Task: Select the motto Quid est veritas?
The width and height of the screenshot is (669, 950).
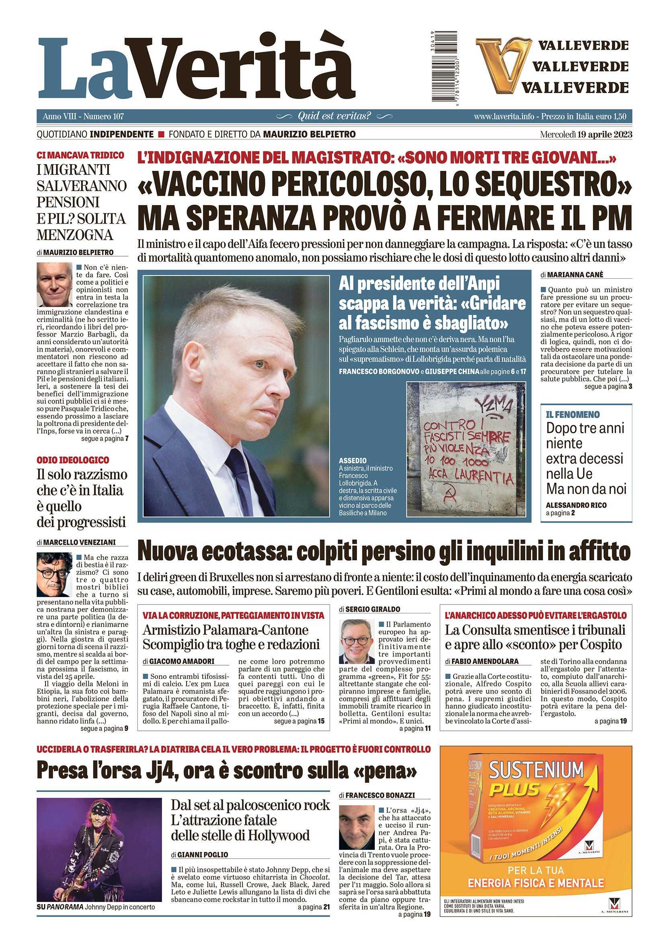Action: pyautogui.click(x=334, y=116)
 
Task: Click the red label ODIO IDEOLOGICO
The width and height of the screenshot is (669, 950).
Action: pyautogui.click(x=73, y=460)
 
